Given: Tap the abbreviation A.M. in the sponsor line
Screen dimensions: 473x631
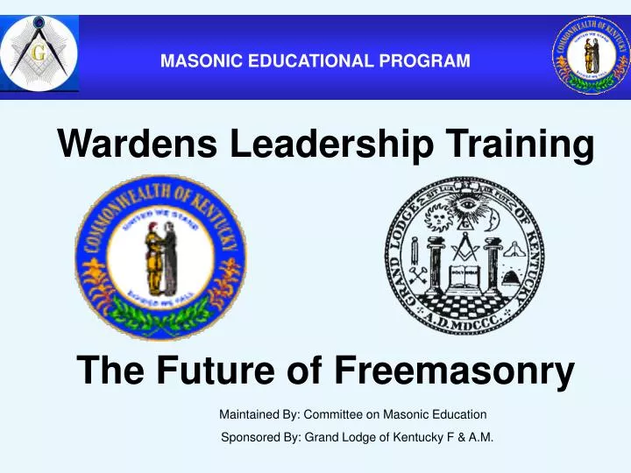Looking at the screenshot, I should pyautogui.click(x=479, y=440).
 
